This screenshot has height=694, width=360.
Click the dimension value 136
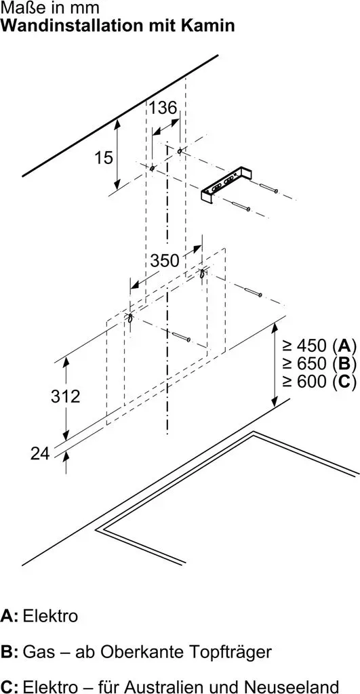162,108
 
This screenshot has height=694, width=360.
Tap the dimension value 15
104,157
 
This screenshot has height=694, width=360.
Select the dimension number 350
165,261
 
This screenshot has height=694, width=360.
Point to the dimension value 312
66,396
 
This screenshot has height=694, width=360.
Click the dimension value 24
40,453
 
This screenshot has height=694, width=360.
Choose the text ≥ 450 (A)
319,345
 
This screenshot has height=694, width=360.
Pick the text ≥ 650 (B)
319,363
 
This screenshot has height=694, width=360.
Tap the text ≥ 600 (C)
319,382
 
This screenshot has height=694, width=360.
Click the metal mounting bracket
225,186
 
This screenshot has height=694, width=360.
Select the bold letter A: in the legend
9,616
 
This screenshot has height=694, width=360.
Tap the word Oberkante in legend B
138,652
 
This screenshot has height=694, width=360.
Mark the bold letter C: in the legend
9,687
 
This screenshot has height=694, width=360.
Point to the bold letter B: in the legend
9,652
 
